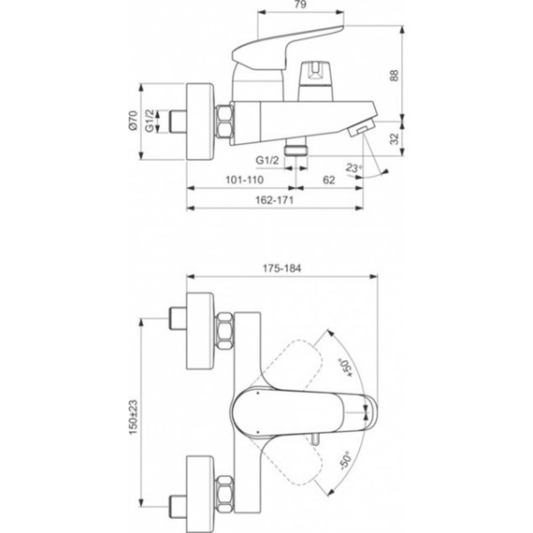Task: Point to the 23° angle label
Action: point(353,168)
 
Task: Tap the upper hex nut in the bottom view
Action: point(225,335)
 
